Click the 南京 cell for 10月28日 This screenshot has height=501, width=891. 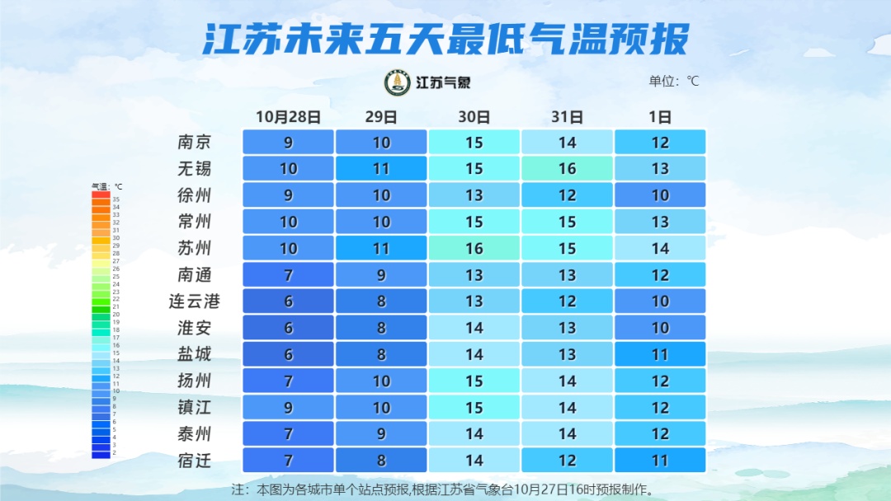(288, 142)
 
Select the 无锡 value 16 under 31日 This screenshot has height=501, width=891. (567, 168)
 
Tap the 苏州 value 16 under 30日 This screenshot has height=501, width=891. (474, 248)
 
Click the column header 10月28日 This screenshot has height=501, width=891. (288, 116)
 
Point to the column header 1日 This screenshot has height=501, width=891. (660, 116)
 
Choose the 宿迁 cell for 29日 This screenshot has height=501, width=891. (381, 460)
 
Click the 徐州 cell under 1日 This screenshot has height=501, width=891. (660, 195)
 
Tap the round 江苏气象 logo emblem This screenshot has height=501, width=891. (398, 82)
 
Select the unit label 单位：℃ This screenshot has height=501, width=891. (674, 81)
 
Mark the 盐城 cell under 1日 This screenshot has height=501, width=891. (660, 354)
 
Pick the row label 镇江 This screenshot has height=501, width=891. (195, 407)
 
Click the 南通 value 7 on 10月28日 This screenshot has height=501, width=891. (288, 274)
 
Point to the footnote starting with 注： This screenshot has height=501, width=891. (444, 489)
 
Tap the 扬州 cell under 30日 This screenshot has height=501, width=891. (474, 381)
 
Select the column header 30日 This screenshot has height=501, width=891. (474, 116)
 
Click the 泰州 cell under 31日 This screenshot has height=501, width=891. (567, 433)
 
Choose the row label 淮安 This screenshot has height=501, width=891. (195, 327)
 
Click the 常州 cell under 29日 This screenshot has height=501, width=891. (381, 222)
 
